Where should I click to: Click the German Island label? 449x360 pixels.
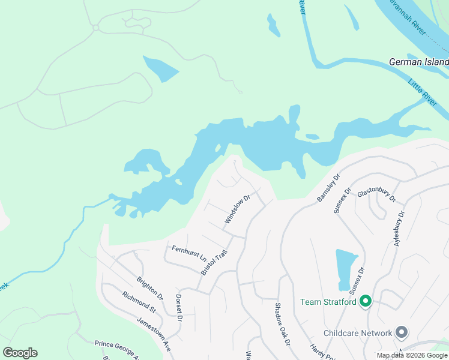418,62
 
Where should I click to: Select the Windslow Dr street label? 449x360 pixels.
237,209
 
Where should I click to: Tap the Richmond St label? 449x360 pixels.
139,302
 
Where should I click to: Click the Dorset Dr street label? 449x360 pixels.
179,307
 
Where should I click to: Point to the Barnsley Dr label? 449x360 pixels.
328,187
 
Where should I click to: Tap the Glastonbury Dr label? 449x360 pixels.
377,192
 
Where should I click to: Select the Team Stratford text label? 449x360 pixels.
328,302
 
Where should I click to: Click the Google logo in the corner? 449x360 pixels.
20,353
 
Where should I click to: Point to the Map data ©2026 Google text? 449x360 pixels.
412,356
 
